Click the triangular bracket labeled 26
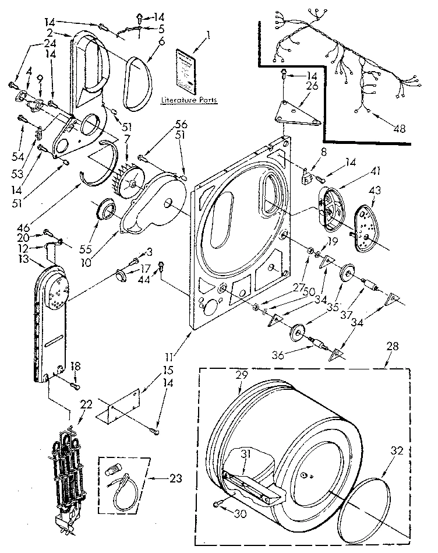point(299,113)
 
